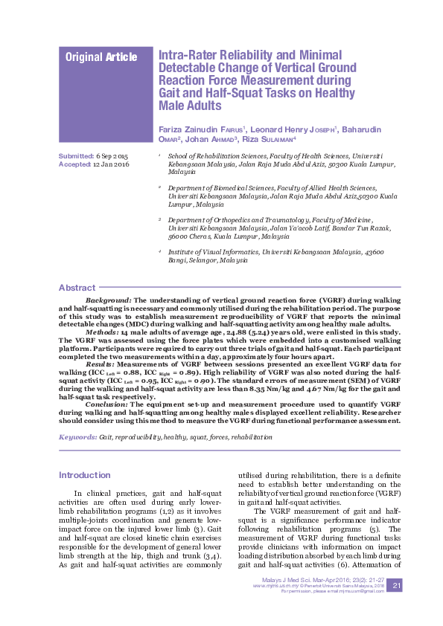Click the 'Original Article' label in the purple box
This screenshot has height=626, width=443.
(x=101, y=57)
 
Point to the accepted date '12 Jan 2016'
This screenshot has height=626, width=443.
(x=112, y=164)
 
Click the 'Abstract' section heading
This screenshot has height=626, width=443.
(x=77, y=288)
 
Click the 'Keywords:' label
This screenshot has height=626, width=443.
(x=78, y=439)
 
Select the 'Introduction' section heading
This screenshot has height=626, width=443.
(x=84, y=475)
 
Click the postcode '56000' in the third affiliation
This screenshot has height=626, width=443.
(x=179, y=236)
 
